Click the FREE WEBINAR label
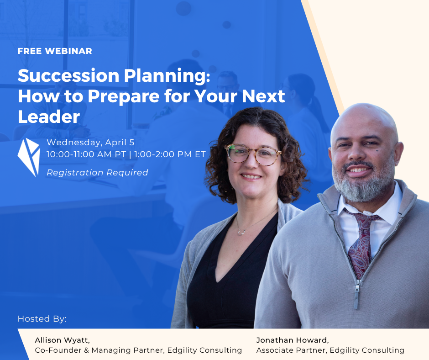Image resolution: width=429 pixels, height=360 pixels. (55, 51)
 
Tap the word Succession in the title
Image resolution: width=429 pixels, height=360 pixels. (68, 76)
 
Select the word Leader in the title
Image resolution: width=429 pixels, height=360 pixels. (49, 116)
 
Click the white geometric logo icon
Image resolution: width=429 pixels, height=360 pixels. (29, 157)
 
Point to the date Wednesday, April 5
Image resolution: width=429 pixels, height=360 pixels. (90, 143)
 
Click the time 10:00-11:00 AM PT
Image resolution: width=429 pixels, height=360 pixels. (86, 154)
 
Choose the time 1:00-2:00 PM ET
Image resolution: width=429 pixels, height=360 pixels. (170, 154)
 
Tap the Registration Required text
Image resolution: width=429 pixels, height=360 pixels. (97, 173)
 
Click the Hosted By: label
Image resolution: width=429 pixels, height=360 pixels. (42, 318)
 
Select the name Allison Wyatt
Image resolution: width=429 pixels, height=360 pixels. (63, 340)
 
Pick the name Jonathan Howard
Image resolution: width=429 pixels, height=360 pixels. (293, 340)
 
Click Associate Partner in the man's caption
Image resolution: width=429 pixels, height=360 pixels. (291, 350)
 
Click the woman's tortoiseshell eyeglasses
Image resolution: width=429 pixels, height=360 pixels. (253, 155)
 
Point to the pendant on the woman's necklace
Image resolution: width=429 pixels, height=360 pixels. (241, 233)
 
